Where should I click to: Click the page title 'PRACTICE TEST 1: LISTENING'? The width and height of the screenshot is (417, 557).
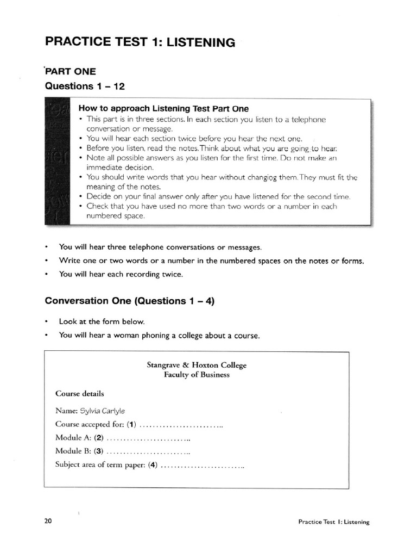pos(140,42)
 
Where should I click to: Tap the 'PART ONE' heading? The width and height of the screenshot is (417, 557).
pos(71,71)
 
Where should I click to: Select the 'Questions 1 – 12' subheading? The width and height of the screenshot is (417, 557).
pos(85,86)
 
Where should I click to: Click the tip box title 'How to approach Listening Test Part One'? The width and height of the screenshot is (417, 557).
pos(163,108)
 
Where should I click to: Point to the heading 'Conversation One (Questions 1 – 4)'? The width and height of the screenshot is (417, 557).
pos(130,301)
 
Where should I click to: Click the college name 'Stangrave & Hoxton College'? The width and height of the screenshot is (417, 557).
pos(197,366)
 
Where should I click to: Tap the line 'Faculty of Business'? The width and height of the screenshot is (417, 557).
pos(197,375)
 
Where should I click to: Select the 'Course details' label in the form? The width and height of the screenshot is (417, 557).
pos(80,393)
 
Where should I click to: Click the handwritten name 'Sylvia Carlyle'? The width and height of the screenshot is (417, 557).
pos(106,411)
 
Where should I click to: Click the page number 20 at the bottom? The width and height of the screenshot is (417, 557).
pos(48,521)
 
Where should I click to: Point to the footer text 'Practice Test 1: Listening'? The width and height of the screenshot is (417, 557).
pos(333,522)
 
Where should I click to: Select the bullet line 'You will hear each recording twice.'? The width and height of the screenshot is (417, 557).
pos(121,275)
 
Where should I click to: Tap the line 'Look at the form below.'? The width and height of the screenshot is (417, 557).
pos(102,321)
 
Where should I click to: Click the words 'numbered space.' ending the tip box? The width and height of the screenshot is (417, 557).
pos(115,216)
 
